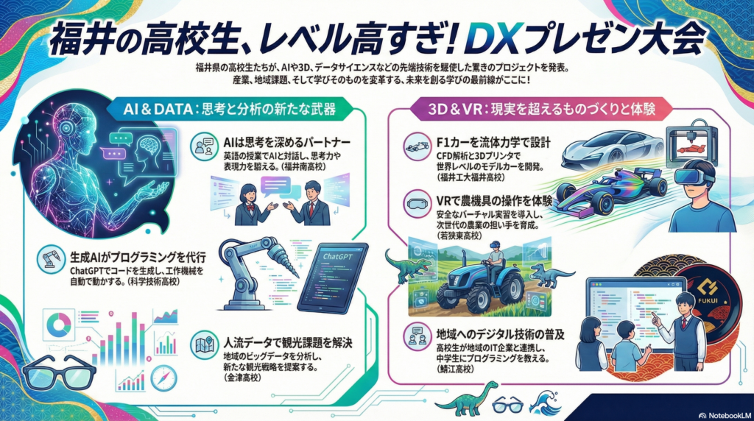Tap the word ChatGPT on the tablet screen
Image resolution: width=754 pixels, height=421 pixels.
pyautogui.click(x=337, y=257)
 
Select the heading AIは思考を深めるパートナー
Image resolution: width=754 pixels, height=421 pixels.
pyautogui.click(x=287, y=142)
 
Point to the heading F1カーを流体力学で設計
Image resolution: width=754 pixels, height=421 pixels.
pyautogui.click(x=493, y=143)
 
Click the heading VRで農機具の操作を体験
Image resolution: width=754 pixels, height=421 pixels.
pyautogui.click(x=494, y=201)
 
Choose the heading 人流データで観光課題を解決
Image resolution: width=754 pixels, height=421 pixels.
pyautogui.click(x=288, y=343)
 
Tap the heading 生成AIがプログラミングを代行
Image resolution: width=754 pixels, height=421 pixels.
pyautogui.click(x=138, y=257)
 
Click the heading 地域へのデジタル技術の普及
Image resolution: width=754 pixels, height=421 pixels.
pyautogui.click(x=501, y=334)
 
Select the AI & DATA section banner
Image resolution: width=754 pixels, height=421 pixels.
pyautogui.click(x=230, y=109)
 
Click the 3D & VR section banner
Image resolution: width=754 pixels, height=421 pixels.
pyautogui.click(x=541, y=109)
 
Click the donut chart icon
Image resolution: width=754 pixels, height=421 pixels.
pyautogui.click(x=59, y=325)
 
